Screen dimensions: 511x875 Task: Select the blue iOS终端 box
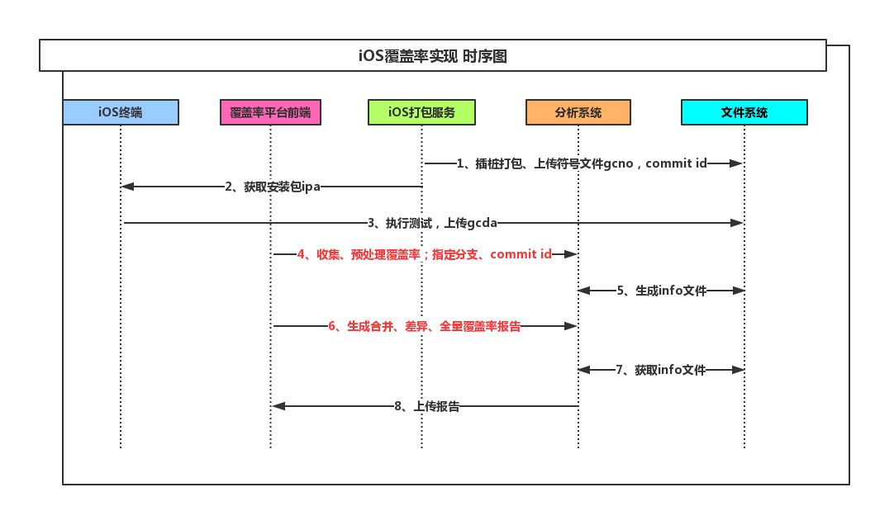point(120,112)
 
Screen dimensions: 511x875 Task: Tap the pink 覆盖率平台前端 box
point(270,112)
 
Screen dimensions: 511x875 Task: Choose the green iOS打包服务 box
point(421,112)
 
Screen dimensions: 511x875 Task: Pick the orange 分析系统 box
point(578,112)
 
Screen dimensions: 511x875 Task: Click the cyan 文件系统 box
point(744,112)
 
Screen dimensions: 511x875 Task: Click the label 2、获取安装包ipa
point(272,187)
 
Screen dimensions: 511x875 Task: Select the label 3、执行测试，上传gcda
point(432,223)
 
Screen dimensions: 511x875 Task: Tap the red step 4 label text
point(424,255)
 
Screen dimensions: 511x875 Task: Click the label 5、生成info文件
point(661,291)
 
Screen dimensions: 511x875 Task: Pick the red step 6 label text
point(424,327)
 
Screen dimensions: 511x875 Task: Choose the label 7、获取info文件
point(661,371)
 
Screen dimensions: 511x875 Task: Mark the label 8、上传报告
point(426,406)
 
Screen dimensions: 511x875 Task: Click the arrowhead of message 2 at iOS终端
point(126,187)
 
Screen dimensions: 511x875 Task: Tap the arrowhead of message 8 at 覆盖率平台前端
point(278,406)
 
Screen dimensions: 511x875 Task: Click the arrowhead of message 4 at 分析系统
point(571,255)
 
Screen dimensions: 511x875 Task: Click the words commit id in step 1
point(676,164)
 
